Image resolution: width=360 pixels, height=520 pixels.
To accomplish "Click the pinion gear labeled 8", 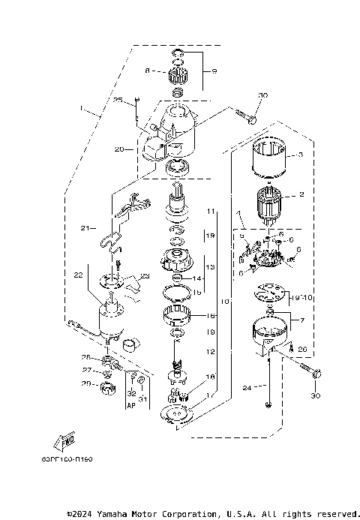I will [x=178, y=74].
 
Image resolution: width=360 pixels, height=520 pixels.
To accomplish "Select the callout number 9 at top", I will [x=214, y=71].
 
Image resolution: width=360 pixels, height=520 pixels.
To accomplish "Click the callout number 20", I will [x=119, y=149].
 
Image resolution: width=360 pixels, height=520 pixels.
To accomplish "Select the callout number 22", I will [x=77, y=275].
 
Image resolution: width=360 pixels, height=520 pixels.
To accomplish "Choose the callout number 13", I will [x=211, y=266].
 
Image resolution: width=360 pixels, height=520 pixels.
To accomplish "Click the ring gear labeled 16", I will [x=178, y=318].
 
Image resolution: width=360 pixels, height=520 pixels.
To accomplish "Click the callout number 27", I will [x=85, y=370].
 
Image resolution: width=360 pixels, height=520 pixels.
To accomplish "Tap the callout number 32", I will [x=131, y=392].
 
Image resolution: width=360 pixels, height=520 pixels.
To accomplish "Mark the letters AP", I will [x=131, y=403].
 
